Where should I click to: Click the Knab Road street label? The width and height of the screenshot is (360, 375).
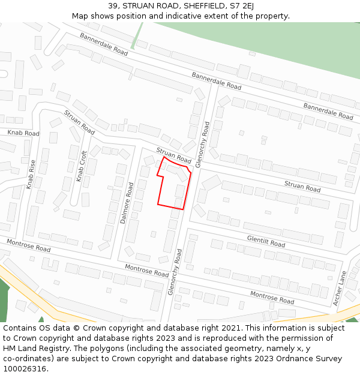coord(23,133)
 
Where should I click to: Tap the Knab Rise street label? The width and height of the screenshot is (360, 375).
coord(32,175)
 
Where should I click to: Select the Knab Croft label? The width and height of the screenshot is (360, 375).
coord(81,166)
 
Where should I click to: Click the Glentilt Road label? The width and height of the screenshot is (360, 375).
coord(266,241)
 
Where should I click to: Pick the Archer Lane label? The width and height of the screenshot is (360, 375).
coord(340,288)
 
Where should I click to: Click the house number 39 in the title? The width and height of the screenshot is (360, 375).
coord(113,5)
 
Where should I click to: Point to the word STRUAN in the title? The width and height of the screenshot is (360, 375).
coord(138,5)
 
